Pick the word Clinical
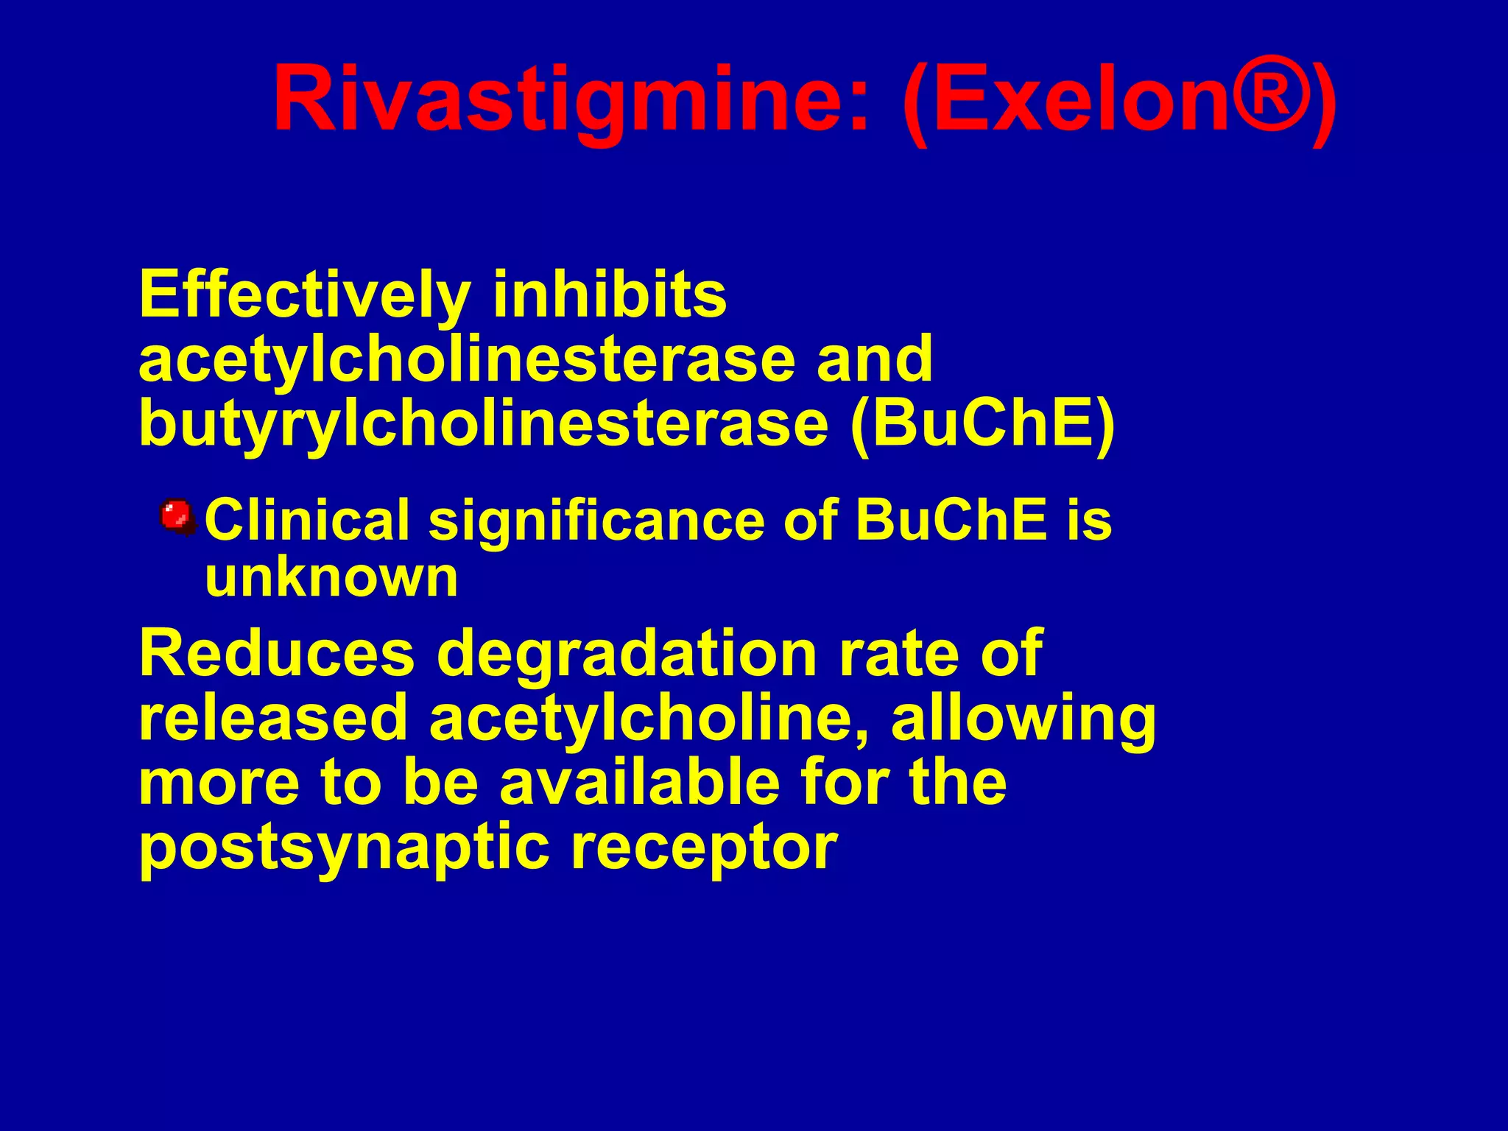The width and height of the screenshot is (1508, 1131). click(307, 520)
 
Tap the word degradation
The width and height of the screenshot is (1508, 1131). click(627, 653)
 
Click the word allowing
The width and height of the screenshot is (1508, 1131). click(1023, 717)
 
